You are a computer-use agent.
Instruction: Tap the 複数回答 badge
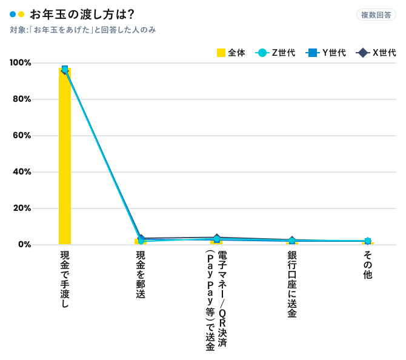pyautogui.click(x=376, y=15)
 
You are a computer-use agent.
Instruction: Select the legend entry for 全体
pyautogui.click(x=231, y=53)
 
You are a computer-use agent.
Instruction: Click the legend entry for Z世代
pyautogui.click(x=276, y=53)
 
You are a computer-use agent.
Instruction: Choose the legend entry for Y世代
pyautogui.click(x=327, y=53)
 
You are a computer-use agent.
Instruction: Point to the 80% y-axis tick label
pyautogui.click(x=22, y=99)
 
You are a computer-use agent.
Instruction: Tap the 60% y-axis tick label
pyautogui.click(x=22, y=136)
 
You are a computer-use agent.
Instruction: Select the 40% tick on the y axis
pyautogui.click(x=22, y=172)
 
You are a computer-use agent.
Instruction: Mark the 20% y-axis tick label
pyautogui.click(x=22, y=208)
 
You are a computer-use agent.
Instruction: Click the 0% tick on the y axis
pyautogui.click(x=24, y=245)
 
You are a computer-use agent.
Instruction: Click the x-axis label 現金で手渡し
pyautogui.click(x=65, y=279)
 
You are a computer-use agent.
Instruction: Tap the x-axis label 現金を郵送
pyautogui.click(x=141, y=274)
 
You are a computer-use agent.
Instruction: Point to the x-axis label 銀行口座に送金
pyautogui.click(x=292, y=284)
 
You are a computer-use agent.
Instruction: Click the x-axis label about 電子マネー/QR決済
pyautogui.click(x=216, y=300)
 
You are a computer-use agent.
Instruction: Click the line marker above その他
pyautogui.click(x=368, y=241)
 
